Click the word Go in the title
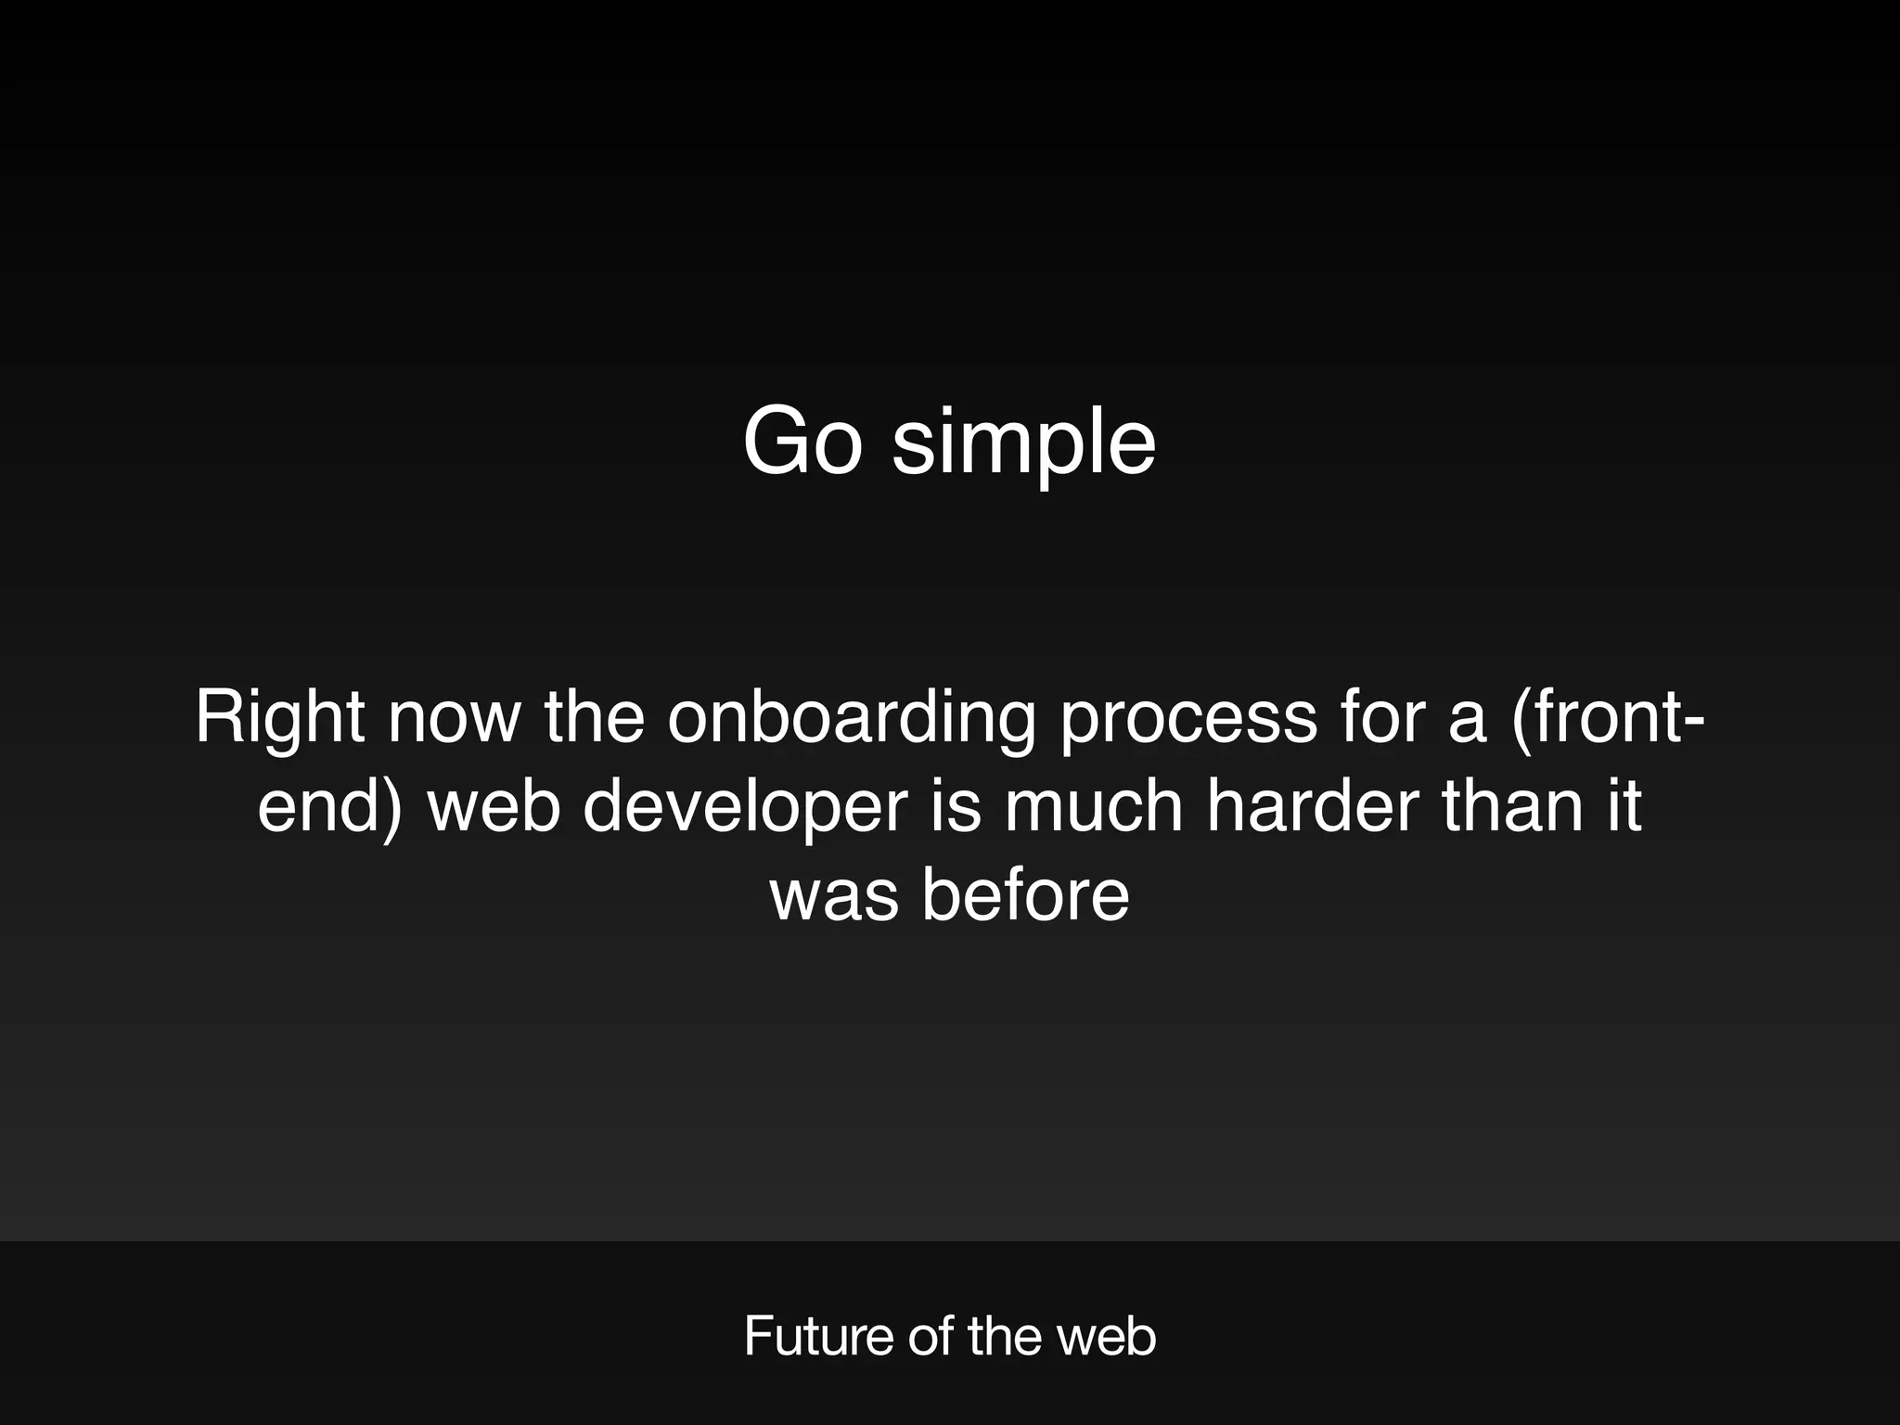[802, 443]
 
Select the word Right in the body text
[279, 719]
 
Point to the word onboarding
[851, 719]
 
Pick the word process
[1187, 719]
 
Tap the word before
[1025, 896]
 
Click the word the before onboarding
[594, 719]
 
